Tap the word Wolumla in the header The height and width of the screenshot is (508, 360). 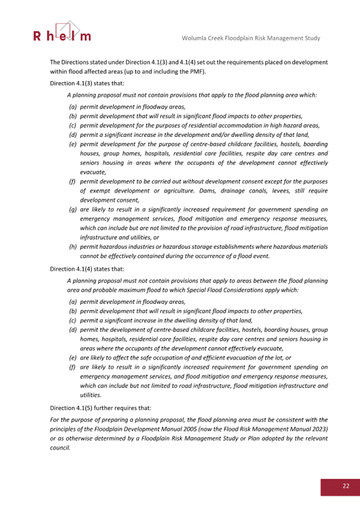[x=195, y=38]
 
